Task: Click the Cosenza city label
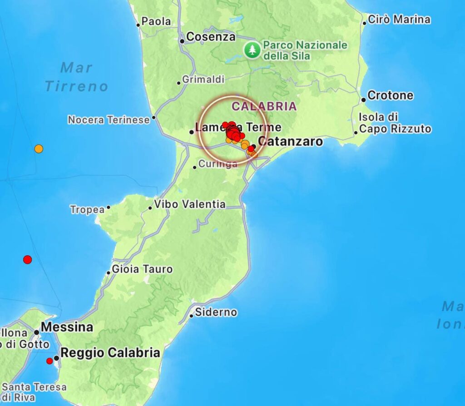[211, 37]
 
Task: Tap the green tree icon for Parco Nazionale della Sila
[252, 50]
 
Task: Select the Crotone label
[390, 95]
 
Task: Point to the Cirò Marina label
[399, 20]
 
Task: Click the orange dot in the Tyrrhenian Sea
[39, 149]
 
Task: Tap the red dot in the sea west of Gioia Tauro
[28, 260]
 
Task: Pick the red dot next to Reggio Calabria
[49, 361]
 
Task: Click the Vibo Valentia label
[189, 204]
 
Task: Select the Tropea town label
[87, 210]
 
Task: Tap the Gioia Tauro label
[142, 269]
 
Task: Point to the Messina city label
[66, 327]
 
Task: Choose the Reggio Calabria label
[110, 353]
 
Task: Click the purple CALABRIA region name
[264, 106]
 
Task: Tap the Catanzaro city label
[290, 142]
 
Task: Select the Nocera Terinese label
[109, 120]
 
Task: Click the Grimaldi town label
[203, 79]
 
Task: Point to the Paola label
[156, 21]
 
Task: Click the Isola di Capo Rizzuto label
[394, 123]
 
